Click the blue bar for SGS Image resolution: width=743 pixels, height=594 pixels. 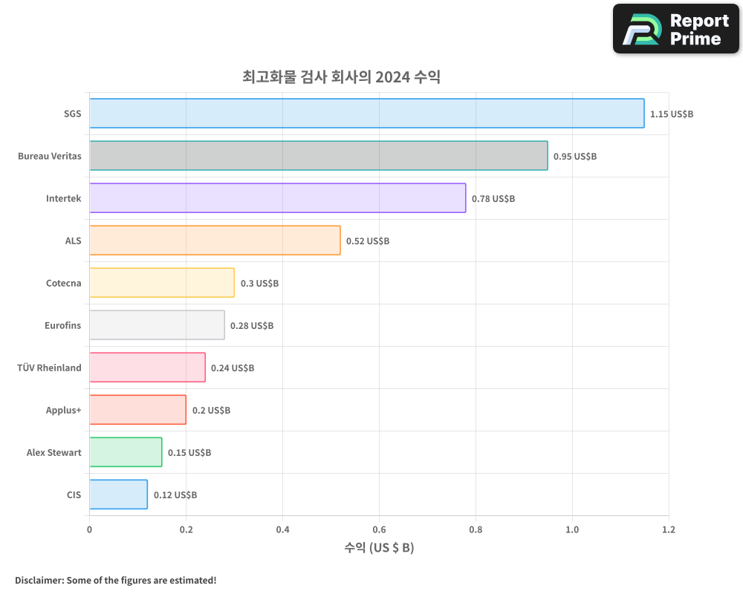point(366,114)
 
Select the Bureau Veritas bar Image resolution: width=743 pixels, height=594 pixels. point(318,156)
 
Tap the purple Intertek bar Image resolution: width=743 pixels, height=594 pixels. point(277,198)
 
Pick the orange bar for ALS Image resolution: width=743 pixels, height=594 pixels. point(215,241)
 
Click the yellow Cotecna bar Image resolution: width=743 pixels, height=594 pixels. point(162,283)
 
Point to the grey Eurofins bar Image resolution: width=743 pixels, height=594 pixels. point(157,325)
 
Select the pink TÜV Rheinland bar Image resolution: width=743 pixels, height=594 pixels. point(147,368)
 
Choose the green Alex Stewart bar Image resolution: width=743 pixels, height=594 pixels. point(126,452)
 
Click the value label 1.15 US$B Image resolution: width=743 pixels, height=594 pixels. point(671,114)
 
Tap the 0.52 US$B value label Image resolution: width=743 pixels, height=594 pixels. point(368,241)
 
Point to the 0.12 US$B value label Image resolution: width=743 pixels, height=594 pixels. point(175,495)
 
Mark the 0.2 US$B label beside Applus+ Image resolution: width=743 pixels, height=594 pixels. point(211,411)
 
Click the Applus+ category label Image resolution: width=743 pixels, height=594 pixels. point(64,410)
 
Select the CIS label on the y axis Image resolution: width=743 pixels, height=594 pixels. point(74,495)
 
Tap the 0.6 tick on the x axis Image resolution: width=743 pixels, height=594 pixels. point(379,530)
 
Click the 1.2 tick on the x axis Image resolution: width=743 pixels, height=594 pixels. point(669,530)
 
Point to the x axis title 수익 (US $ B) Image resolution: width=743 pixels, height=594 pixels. point(379,549)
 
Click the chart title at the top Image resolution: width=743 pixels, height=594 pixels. point(341,76)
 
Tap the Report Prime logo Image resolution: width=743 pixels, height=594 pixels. point(675,29)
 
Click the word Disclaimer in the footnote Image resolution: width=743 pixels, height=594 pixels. point(38,581)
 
